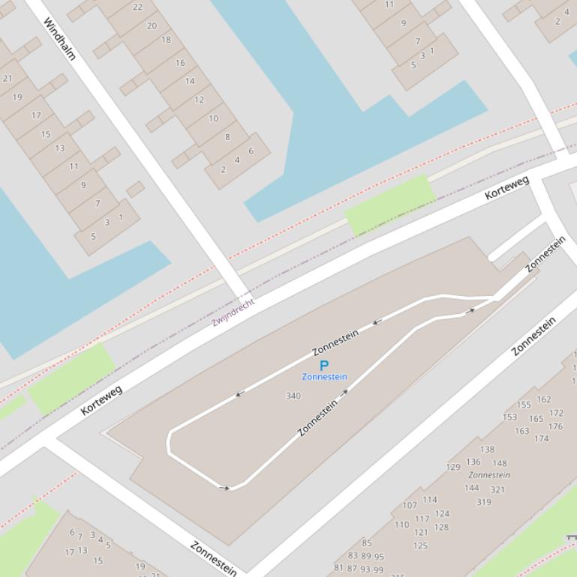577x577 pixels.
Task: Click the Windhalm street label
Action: (60, 39)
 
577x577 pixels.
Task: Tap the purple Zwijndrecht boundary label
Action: (233, 312)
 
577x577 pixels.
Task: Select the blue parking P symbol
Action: (324, 366)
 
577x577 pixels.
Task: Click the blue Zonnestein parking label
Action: (324, 377)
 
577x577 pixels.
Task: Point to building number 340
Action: (293, 396)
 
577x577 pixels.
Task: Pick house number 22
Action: (137, 7)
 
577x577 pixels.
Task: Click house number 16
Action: (180, 62)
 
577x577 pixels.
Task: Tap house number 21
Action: (8, 78)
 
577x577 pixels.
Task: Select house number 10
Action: (214, 118)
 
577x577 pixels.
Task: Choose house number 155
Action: (524, 405)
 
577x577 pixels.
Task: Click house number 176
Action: (555, 426)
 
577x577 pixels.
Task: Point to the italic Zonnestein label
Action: (489, 474)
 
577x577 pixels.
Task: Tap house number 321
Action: (497, 489)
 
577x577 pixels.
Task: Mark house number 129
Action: (453, 467)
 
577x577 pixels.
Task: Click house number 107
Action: (410, 505)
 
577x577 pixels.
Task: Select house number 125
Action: (420, 546)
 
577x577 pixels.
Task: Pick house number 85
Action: (367, 543)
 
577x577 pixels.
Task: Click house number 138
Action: (488, 450)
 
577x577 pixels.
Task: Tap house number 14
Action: (190, 81)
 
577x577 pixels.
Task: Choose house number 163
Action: (522, 431)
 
